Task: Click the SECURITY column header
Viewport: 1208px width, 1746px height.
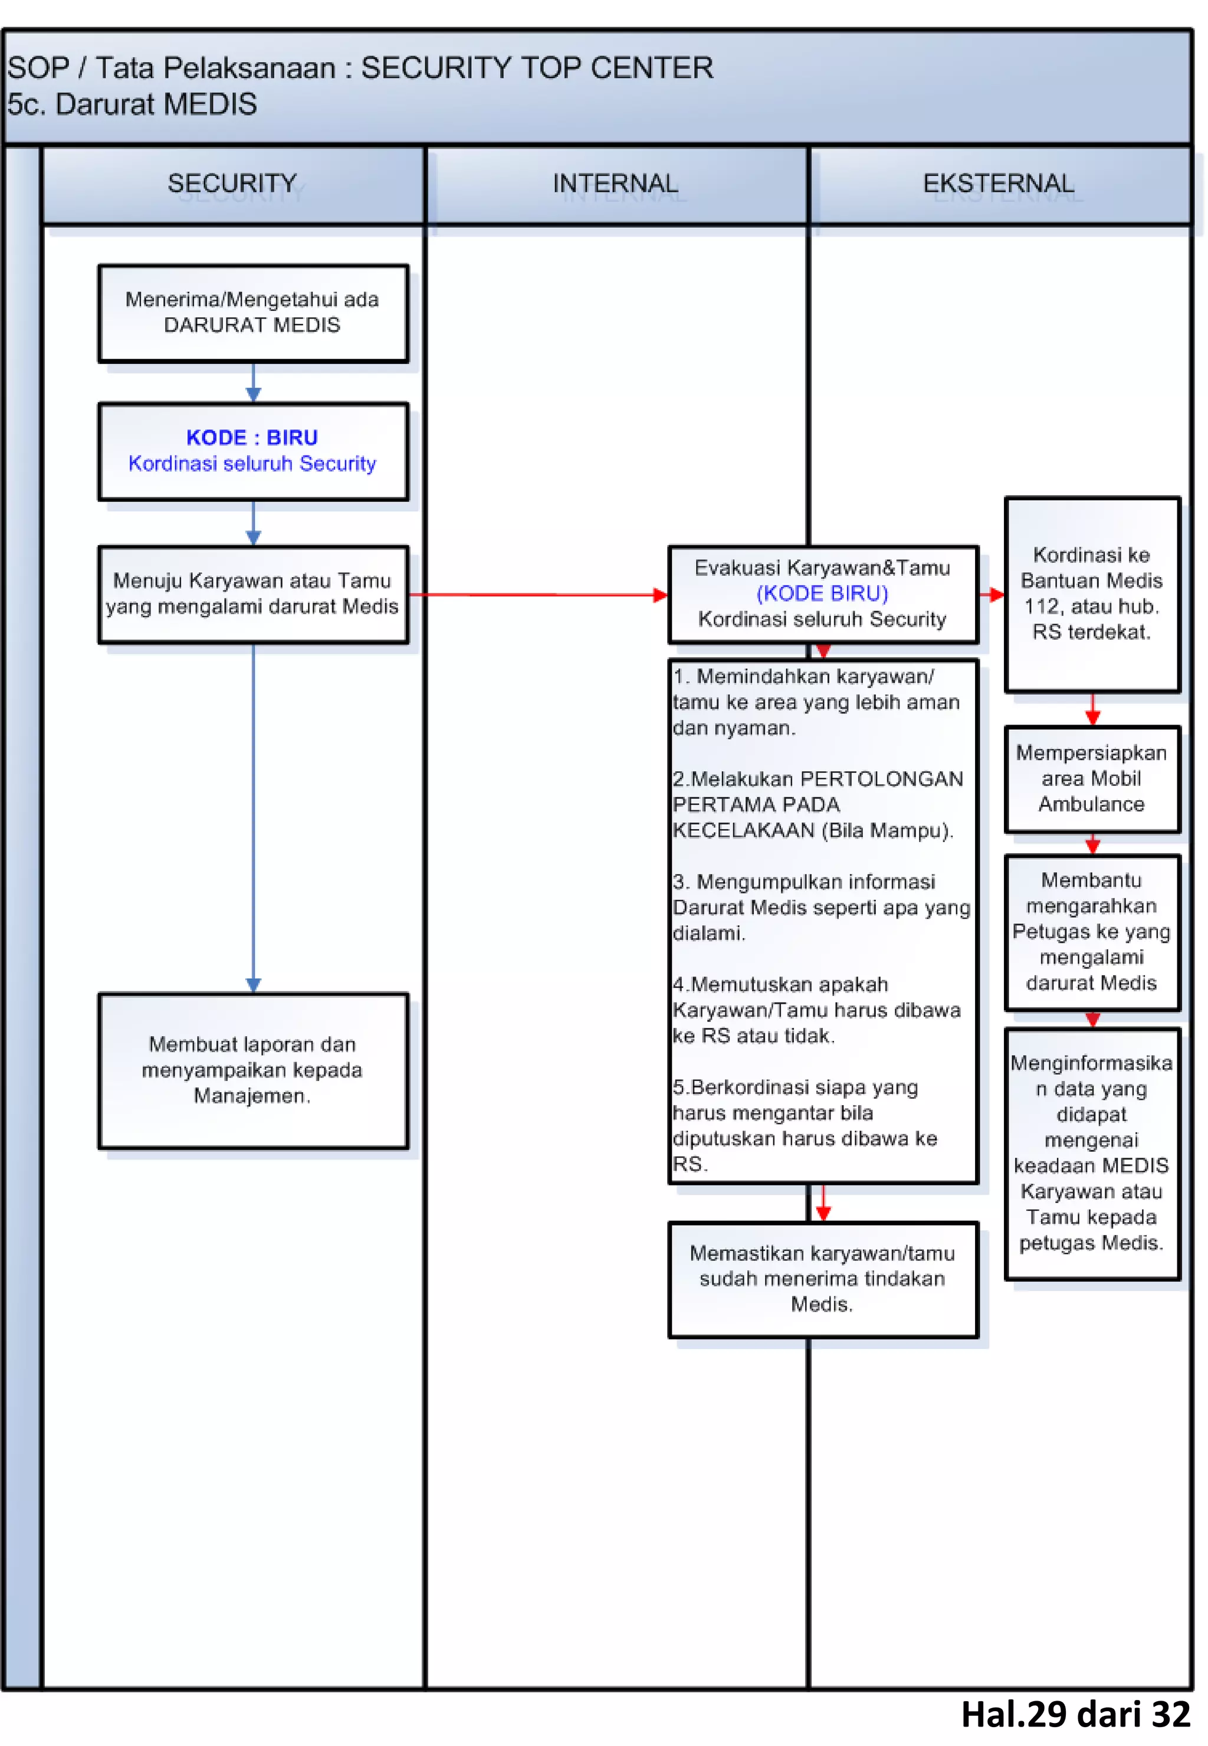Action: pyautogui.click(x=232, y=184)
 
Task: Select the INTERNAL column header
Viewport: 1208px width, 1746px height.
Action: pyautogui.click(x=615, y=184)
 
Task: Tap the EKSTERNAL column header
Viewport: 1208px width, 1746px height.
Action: pyautogui.click(x=999, y=184)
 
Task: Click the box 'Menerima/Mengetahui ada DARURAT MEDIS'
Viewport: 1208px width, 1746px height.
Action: pyautogui.click(x=253, y=313)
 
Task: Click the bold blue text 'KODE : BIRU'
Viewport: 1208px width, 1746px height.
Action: pyautogui.click(x=252, y=438)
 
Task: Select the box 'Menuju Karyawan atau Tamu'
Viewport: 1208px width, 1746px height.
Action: pyautogui.click(x=253, y=594)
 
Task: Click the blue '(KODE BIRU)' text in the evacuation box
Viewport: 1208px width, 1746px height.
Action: pyautogui.click(x=822, y=593)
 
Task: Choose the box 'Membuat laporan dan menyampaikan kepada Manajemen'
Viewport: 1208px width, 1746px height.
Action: pyautogui.click(x=253, y=1070)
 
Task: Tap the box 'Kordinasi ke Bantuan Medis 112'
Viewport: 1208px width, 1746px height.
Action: pyautogui.click(x=1091, y=594)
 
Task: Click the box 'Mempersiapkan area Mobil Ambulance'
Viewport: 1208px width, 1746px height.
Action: pyautogui.click(x=1091, y=778)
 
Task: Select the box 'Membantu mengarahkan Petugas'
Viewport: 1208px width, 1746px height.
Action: pyautogui.click(x=1091, y=931)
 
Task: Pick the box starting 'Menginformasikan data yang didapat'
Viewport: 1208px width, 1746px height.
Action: pyautogui.click(x=1091, y=1152)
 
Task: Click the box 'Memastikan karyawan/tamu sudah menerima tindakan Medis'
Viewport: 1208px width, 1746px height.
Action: pyautogui.click(x=822, y=1279)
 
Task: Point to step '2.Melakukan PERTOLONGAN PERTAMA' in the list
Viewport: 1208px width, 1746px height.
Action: pyautogui.click(x=818, y=804)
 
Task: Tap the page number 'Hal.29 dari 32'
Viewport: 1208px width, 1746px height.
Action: pyautogui.click(x=1075, y=1714)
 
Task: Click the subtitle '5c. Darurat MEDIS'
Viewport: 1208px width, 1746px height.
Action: pyautogui.click(x=133, y=104)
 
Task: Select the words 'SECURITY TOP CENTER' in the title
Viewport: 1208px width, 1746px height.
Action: pyautogui.click(x=537, y=68)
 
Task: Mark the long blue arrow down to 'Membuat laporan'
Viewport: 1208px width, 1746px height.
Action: pyautogui.click(x=254, y=818)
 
